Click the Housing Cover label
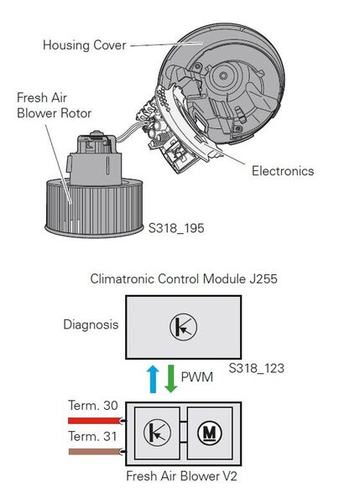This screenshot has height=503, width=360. coord(85,45)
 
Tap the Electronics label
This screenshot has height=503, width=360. coord(283,171)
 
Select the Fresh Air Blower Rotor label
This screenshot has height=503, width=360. coord(54,106)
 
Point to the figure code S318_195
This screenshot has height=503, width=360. coord(176,228)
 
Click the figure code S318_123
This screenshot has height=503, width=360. coord(256,368)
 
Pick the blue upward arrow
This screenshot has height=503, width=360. coord(153,379)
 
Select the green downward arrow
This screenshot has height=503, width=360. coord(170,379)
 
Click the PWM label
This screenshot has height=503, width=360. coord(197,376)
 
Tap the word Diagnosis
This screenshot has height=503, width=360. coord(91,324)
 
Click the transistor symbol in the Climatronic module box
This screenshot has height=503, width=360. coord(183,327)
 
